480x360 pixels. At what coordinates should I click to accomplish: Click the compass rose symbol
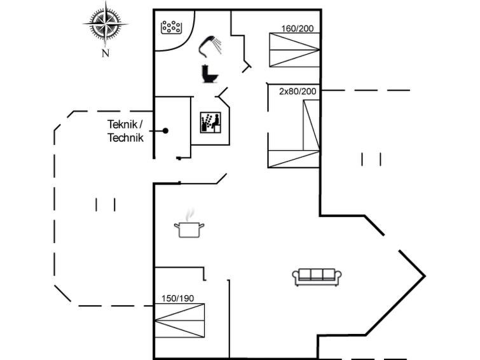tap(106, 24)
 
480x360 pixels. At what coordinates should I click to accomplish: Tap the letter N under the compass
tap(106, 53)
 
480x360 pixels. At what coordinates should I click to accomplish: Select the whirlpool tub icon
tap(172, 27)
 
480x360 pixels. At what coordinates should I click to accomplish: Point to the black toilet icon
tap(210, 74)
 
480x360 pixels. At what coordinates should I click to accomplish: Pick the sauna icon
tap(210, 123)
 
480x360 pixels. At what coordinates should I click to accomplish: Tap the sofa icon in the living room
tap(317, 277)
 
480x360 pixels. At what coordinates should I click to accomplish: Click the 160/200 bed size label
tap(298, 29)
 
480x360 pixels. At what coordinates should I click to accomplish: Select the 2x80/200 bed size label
tap(298, 92)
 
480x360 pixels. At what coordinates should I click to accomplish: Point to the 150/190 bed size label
tap(177, 298)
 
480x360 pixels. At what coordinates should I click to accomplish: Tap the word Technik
tap(125, 137)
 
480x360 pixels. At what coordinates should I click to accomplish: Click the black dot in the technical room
tap(165, 131)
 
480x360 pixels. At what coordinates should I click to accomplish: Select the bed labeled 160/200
tap(294, 50)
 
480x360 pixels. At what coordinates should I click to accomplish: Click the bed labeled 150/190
tap(179, 321)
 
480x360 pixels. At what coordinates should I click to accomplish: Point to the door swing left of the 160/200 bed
tap(247, 67)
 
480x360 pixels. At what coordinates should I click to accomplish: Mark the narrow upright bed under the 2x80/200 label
tap(312, 125)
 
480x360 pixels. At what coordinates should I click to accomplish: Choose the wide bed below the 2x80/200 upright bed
tap(294, 159)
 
